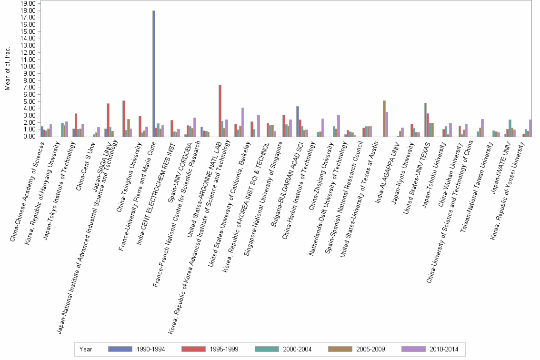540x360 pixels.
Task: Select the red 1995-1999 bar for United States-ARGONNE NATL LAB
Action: point(220,110)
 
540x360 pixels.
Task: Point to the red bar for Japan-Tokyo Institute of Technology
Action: point(76,125)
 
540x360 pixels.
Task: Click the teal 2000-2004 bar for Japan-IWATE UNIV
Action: point(510,128)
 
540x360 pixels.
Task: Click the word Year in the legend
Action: point(86,350)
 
